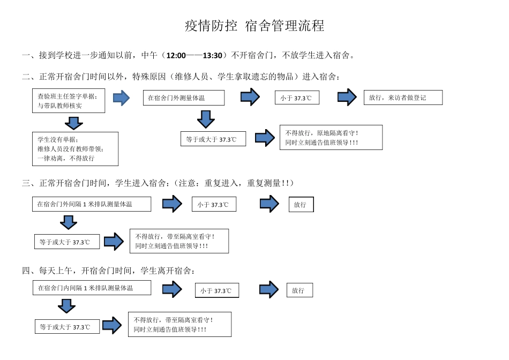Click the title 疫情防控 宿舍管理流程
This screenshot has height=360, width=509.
coord(254,26)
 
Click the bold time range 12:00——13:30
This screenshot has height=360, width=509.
coord(195,55)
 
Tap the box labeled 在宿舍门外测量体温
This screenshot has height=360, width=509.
coord(183,98)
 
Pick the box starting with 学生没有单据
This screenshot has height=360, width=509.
coord(75,149)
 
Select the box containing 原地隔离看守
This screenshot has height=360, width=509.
coord(331,138)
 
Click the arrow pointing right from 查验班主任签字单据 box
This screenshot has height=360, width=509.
coord(122,98)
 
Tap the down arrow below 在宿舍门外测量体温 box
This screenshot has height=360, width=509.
coord(206,118)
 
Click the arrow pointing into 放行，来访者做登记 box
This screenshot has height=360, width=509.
coord(347,97)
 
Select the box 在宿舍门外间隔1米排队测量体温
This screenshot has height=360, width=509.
coord(92,204)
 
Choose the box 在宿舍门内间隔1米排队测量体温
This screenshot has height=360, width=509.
coord(92,288)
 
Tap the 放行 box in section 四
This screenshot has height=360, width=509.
coord(300,290)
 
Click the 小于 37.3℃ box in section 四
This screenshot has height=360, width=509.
coord(216,290)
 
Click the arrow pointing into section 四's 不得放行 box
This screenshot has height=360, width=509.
coord(112,325)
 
